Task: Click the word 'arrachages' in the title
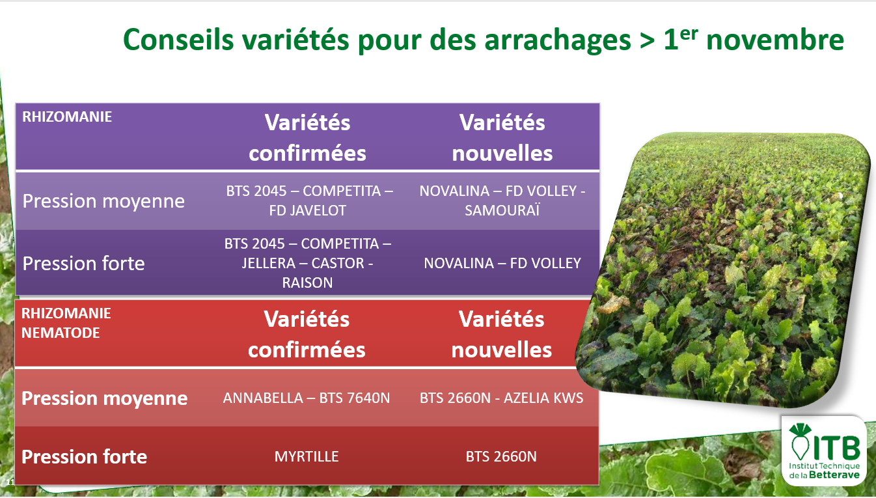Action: pos(558,40)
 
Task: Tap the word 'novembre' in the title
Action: pos(775,40)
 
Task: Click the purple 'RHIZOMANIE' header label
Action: pos(67,117)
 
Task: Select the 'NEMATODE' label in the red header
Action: pos(61,333)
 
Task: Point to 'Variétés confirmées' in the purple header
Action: pos(307,137)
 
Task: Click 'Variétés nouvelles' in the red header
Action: pos(502,334)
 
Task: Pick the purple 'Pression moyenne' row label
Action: pos(103,201)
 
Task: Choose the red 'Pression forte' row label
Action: pos(84,456)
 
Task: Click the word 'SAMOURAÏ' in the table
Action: pos(502,210)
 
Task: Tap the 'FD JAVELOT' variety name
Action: pos(307,210)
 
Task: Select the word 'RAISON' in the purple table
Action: pos(307,283)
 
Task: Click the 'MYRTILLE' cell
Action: pos(307,456)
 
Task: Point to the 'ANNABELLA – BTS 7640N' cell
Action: pos(307,398)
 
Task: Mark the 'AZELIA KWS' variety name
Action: pos(543,398)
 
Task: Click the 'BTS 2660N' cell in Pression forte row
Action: pos(501,456)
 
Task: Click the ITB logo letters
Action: pos(837,447)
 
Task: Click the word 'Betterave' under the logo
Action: pos(834,475)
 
